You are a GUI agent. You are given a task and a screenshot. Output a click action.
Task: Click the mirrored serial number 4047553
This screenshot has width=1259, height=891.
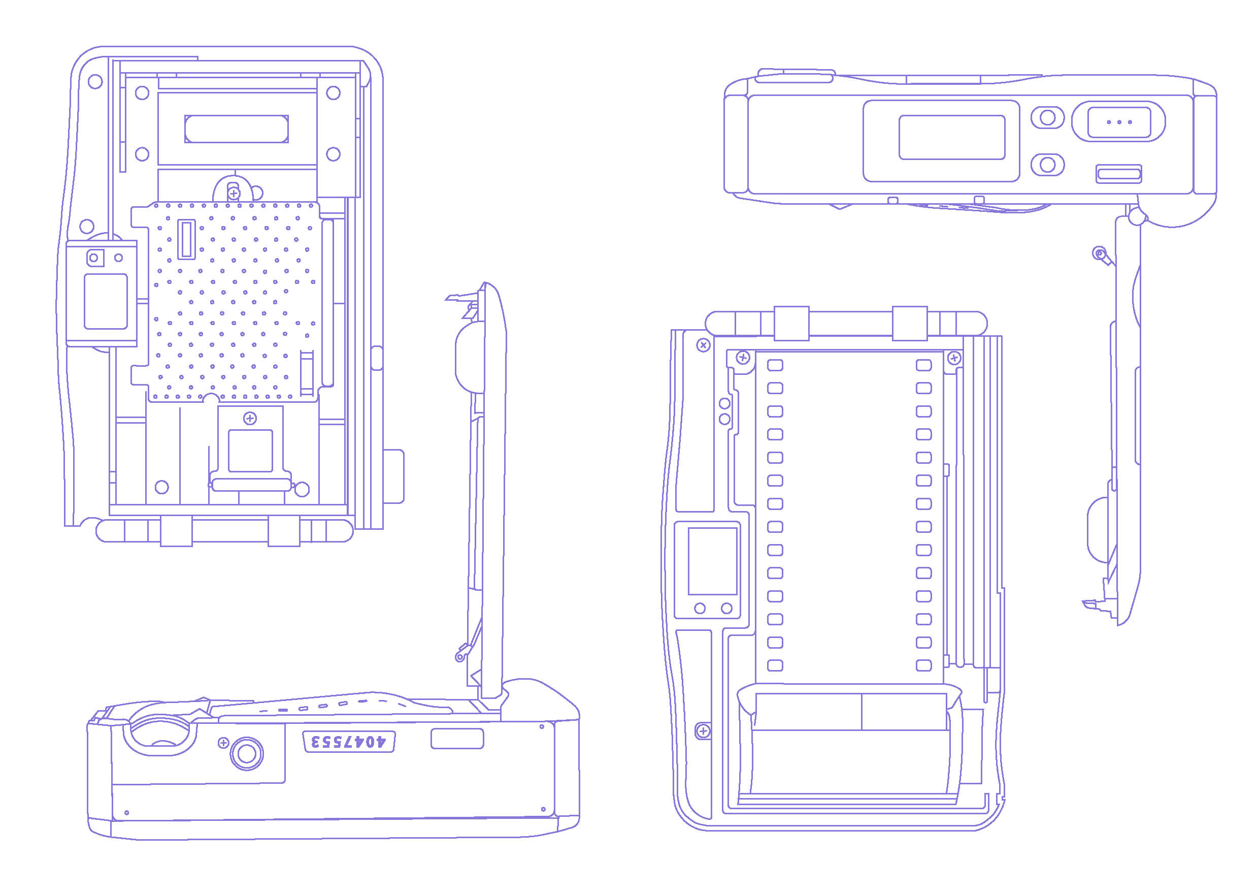(x=349, y=742)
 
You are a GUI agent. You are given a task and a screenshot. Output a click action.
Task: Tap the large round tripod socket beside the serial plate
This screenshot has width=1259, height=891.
(x=247, y=754)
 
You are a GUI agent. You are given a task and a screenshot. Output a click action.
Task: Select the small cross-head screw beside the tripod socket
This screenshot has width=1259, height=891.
(x=223, y=743)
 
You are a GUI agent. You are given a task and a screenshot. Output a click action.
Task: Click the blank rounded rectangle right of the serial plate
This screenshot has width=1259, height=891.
(x=457, y=739)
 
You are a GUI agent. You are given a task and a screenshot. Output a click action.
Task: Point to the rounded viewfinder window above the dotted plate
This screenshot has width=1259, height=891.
(x=237, y=129)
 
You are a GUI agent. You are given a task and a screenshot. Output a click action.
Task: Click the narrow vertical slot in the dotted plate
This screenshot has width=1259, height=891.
(x=186, y=239)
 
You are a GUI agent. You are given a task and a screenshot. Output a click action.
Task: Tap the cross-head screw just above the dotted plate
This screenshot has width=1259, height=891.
(x=234, y=193)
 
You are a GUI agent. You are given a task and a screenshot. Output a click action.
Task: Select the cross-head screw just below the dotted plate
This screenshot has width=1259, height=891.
(x=250, y=419)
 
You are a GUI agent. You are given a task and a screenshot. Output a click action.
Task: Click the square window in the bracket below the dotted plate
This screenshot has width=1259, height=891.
(x=250, y=451)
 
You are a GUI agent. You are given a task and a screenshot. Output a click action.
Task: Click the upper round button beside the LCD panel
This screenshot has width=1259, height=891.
(x=1047, y=117)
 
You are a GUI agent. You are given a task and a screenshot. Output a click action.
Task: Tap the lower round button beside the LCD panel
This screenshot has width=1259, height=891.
(x=1047, y=165)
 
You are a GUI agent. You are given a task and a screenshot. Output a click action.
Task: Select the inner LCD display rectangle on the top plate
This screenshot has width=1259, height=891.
(x=951, y=137)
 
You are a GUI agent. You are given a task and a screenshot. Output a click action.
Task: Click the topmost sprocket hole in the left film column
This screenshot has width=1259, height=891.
(x=775, y=365)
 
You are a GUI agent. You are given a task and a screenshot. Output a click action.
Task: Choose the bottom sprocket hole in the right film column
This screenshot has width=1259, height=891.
(x=924, y=665)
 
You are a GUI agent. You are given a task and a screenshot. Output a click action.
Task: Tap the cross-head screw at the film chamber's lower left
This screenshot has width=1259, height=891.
(x=703, y=731)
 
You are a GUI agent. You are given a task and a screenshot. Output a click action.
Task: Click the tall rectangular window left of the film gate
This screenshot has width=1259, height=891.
(x=712, y=561)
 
